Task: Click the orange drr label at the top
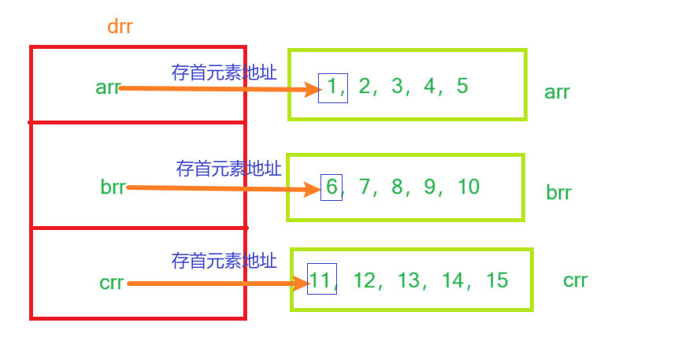point(120,26)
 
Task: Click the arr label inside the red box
point(107,87)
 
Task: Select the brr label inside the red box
point(113,187)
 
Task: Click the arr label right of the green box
point(557,92)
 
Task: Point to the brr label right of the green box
point(558,193)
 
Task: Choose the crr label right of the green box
point(575,280)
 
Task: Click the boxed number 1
point(332,87)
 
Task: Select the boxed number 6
point(331,187)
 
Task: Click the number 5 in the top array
point(462,86)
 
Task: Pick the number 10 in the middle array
point(468,187)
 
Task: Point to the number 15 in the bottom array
point(497,280)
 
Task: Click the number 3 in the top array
point(397,86)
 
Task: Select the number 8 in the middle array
point(396,187)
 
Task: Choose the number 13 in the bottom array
point(409,280)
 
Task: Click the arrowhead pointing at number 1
point(310,90)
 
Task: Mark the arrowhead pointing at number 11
point(300,284)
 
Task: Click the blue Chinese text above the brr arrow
point(228,168)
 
